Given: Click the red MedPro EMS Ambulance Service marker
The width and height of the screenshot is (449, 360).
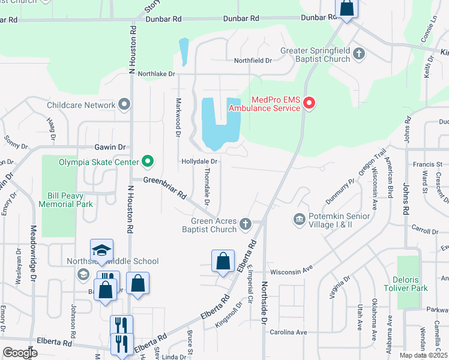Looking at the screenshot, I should (x=309, y=104).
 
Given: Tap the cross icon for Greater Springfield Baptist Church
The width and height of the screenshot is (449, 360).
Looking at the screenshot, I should (x=359, y=55).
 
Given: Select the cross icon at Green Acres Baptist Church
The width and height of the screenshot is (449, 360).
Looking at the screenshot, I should (x=245, y=224).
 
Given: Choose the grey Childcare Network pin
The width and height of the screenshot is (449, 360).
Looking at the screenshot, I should (x=124, y=105).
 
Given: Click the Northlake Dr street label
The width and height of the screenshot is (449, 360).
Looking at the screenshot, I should (x=155, y=74).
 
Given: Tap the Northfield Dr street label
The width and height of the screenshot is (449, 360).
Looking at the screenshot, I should (x=253, y=61).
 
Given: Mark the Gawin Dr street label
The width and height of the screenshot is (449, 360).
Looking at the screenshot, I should (x=110, y=146).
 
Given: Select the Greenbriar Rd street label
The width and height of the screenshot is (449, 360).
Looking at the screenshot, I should (x=164, y=187).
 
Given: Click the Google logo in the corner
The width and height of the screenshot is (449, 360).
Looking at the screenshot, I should (x=20, y=353).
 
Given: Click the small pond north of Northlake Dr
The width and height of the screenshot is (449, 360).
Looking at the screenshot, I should (x=184, y=51).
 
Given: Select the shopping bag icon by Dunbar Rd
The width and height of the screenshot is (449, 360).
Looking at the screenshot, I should (x=346, y=8).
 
